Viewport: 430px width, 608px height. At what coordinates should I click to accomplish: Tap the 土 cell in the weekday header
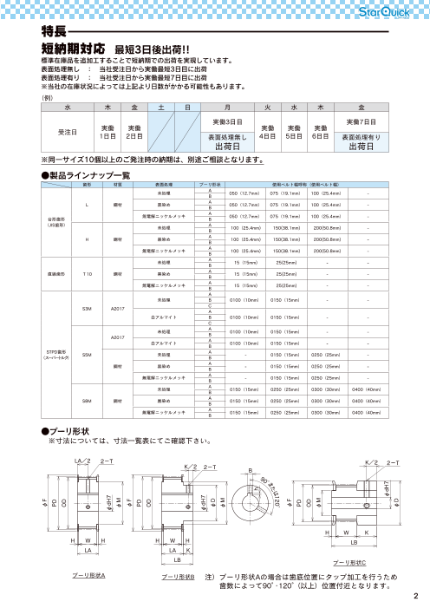[160, 105]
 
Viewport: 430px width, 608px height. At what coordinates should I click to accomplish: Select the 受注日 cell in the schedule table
[67, 133]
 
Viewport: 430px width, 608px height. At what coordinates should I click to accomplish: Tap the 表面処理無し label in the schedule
[228, 137]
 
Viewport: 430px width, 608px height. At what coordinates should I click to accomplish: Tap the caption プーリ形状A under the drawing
[88, 576]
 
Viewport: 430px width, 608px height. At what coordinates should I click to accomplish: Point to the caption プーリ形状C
[349, 563]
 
